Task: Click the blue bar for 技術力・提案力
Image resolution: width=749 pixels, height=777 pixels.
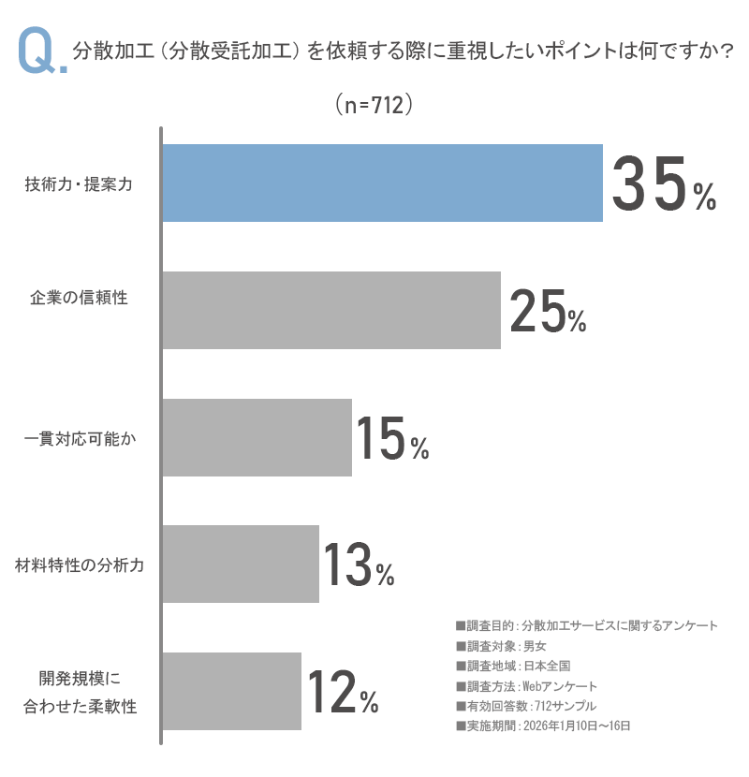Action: [x=382, y=183]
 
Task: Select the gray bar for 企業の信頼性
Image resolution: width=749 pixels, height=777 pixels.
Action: [x=331, y=310]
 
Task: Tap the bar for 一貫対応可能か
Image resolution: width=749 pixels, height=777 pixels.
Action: [x=257, y=437]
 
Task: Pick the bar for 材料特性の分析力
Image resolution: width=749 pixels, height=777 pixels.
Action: [x=241, y=564]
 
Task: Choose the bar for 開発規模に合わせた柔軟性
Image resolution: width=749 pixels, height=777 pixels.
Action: [x=232, y=691]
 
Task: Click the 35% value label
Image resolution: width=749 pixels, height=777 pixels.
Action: [x=663, y=184]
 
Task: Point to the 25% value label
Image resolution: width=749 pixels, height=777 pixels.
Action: [x=548, y=312]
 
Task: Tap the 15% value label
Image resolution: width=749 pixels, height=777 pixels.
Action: [x=391, y=439]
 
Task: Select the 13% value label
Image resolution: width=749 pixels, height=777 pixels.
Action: [x=359, y=565]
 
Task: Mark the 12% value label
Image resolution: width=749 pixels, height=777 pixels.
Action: [x=342, y=692]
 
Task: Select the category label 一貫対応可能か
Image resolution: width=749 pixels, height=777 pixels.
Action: [x=79, y=438]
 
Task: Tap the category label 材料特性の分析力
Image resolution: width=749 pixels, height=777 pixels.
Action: [x=79, y=565]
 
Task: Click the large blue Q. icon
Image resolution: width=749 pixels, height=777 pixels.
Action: [x=40, y=54]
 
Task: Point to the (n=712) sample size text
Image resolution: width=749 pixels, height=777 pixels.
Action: [x=374, y=106]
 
